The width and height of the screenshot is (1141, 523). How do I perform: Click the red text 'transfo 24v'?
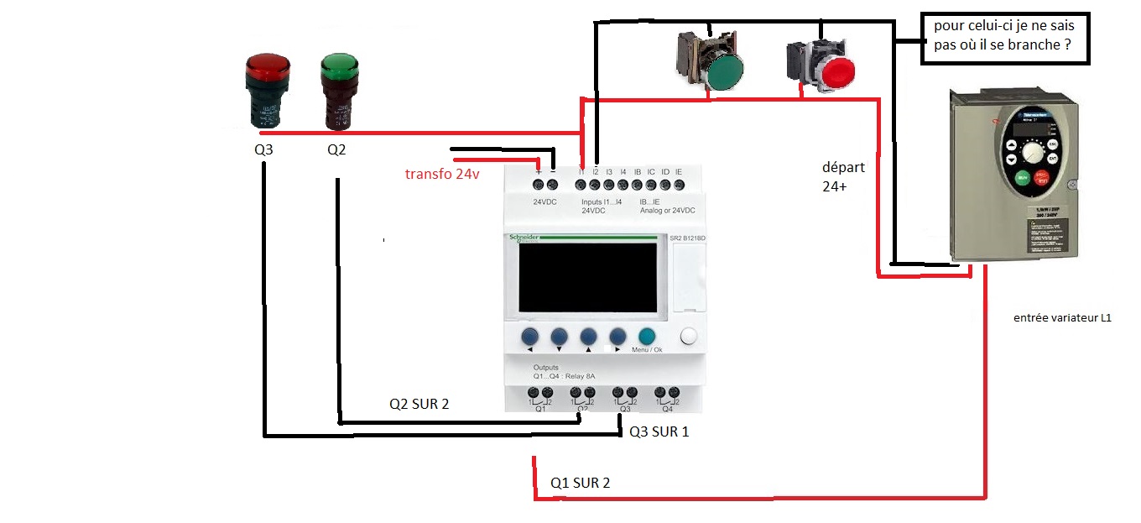coord(442,175)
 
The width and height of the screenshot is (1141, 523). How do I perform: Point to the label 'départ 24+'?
coord(843,177)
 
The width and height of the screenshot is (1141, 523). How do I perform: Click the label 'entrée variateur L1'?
coord(1062,317)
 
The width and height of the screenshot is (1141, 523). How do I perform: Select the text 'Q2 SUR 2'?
coord(419,404)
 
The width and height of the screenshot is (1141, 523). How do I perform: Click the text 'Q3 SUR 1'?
coord(659,431)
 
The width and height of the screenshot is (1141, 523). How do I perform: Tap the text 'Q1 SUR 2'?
coord(580,483)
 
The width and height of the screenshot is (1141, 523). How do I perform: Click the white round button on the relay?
coord(689,337)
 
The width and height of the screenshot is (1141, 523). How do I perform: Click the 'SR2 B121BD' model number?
coord(687,239)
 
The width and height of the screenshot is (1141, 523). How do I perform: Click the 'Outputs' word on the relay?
coord(546,368)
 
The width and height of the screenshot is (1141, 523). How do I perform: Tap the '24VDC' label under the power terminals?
coord(545,201)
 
